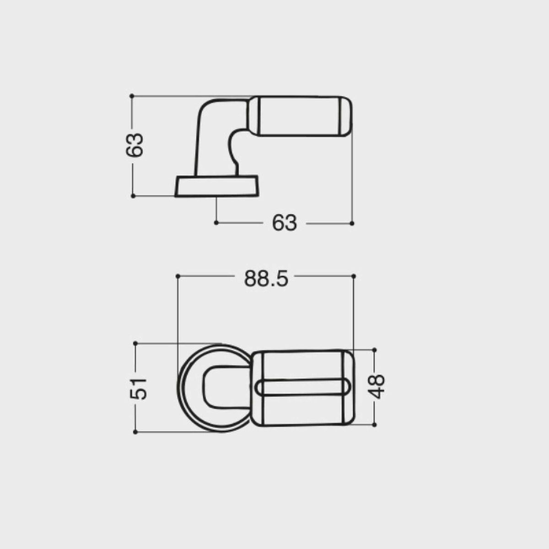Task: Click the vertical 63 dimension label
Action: point(135,145)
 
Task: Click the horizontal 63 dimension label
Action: point(284,223)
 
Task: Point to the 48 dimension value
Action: point(376,387)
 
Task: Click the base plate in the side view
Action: point(216,186)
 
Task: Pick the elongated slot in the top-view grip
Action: point(304,388)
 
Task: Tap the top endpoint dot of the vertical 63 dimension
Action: point(132,96)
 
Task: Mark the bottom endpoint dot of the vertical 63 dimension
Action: point(133,196)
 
